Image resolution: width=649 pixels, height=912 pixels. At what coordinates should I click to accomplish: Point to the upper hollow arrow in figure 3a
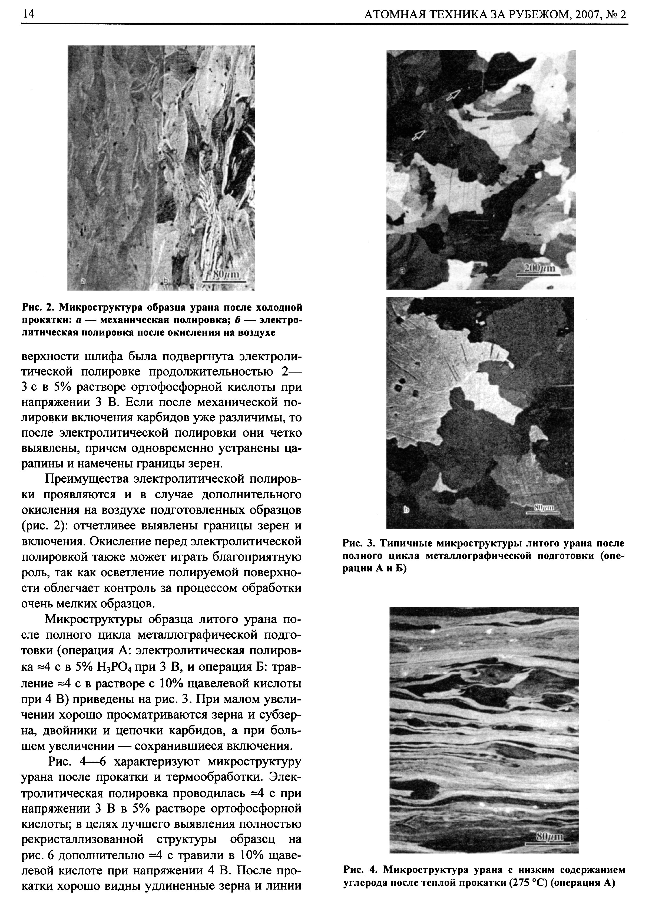453,96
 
